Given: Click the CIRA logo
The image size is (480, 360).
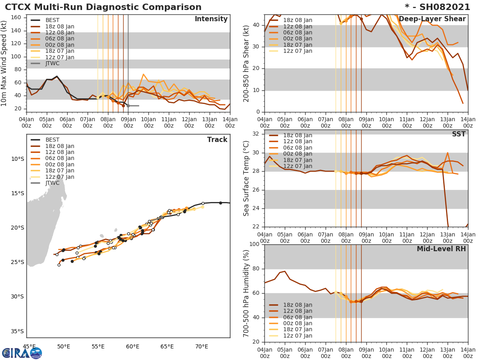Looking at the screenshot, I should tap(22, 353).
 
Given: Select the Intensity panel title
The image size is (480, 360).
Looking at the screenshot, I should tap(211, 19).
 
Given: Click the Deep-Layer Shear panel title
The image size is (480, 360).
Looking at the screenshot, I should tap(432, 19).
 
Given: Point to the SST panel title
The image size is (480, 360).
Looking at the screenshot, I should tap(458, 134).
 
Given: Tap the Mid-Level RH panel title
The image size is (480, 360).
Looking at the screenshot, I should tap(441, 249).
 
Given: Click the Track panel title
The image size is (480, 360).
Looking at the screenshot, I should tap(217, 140).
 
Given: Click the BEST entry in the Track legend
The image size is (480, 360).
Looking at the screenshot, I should tap(52, 140).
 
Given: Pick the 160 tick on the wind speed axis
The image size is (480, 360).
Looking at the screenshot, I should tap(17, 18).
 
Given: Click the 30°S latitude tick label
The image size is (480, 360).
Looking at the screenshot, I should tap(17, 296).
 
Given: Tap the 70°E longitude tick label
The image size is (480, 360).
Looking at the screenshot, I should tap(202, 346).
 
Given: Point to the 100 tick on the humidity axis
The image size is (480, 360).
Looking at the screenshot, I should tap(254, 244).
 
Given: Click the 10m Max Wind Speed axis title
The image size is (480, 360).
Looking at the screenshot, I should tap(5, 63).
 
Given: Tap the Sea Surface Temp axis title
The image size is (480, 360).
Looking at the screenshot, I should tap(246, 178).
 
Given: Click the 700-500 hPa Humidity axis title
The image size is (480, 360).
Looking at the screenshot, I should tap(246, 293).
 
